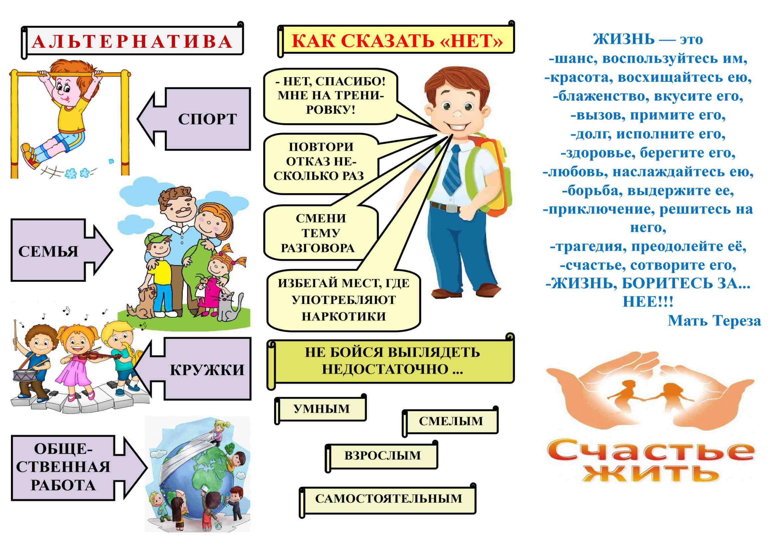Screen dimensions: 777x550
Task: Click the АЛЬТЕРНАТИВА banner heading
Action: [132, 41]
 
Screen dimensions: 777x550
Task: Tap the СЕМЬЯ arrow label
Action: [48, 251]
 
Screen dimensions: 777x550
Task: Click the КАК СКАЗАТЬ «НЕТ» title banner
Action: [396, 40]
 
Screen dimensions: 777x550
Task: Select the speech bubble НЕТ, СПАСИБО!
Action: [331, 96]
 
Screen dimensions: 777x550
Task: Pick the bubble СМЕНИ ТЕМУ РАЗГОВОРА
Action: [321, 233]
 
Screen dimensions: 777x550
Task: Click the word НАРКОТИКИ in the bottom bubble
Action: [343, 316]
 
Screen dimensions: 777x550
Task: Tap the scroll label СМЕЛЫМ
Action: [450, 421]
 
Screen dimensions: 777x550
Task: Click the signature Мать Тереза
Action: [715, 320]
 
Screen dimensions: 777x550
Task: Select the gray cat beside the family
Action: [229, 307]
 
